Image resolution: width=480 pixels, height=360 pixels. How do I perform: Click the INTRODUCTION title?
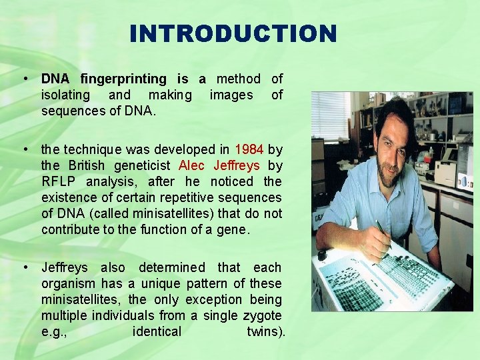233,33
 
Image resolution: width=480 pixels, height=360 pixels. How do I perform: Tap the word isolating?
66,95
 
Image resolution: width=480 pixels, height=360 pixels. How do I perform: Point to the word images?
231,95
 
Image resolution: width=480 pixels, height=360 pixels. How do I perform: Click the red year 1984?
249,149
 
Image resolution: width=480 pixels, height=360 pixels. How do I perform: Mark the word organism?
70,284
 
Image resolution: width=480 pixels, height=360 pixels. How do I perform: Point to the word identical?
157,332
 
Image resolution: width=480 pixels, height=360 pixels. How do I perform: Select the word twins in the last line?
261,332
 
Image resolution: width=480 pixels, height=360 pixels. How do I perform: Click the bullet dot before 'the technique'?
25,149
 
